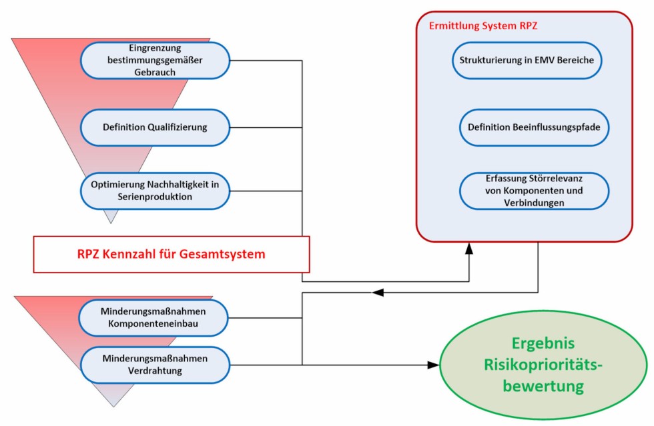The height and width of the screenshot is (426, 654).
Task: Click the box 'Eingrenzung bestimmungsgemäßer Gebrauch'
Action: pyautogui.click(x=155, y=61)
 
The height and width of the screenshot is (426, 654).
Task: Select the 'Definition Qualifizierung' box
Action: pyautogui.click(x=155, y=127)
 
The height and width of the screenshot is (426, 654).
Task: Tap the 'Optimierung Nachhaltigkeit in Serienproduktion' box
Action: pyautogui.click(x=155, y=191)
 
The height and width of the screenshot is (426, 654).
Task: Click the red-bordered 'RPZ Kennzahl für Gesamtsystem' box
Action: pyautogui.click(x=172, y=254)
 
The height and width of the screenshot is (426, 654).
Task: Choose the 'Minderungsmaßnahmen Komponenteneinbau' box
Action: pyautogui.click(x=155, y=317)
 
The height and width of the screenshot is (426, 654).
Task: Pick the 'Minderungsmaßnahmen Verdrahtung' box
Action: pyautogui.click(x=155, y=365)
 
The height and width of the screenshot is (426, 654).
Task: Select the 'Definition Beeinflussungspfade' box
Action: pyautogui.click(x=534, y=127)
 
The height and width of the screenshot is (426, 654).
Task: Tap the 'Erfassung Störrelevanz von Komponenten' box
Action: pyautogui.click(x=534, y=191)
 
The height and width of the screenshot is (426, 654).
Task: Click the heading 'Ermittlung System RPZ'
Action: pyautogui.click(x=482, y=27)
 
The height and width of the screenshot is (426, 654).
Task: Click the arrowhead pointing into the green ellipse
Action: pyautogui.click(x=434, y=365)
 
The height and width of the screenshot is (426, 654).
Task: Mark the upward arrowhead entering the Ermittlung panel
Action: pyautogui.click(x=469, y=248)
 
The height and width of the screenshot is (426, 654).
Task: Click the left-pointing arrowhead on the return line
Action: pyautogui.click(x=378, y=292)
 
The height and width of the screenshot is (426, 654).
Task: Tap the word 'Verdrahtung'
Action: pyautogui.click(x=155, y=371)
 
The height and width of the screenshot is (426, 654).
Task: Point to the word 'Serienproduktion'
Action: pyautogui.click(x=155, y=197)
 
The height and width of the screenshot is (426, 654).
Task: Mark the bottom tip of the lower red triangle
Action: pyautogui.click(x=113, y=406)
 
